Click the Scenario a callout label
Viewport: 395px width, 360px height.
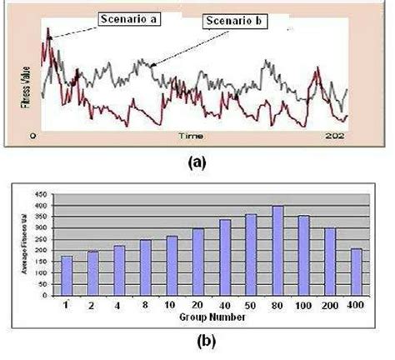tap(129, 18)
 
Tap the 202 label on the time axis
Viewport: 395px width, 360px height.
tap(334, 135)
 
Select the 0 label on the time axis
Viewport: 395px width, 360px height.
tap(34, 134)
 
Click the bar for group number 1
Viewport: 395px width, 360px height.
tap(67, 270)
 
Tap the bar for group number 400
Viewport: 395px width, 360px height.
tap(355, 266)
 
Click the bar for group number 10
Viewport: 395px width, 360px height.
tap(172, 261)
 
